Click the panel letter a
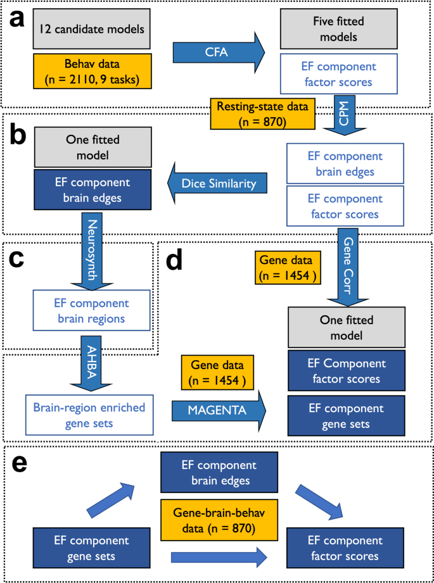coord(16,19)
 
